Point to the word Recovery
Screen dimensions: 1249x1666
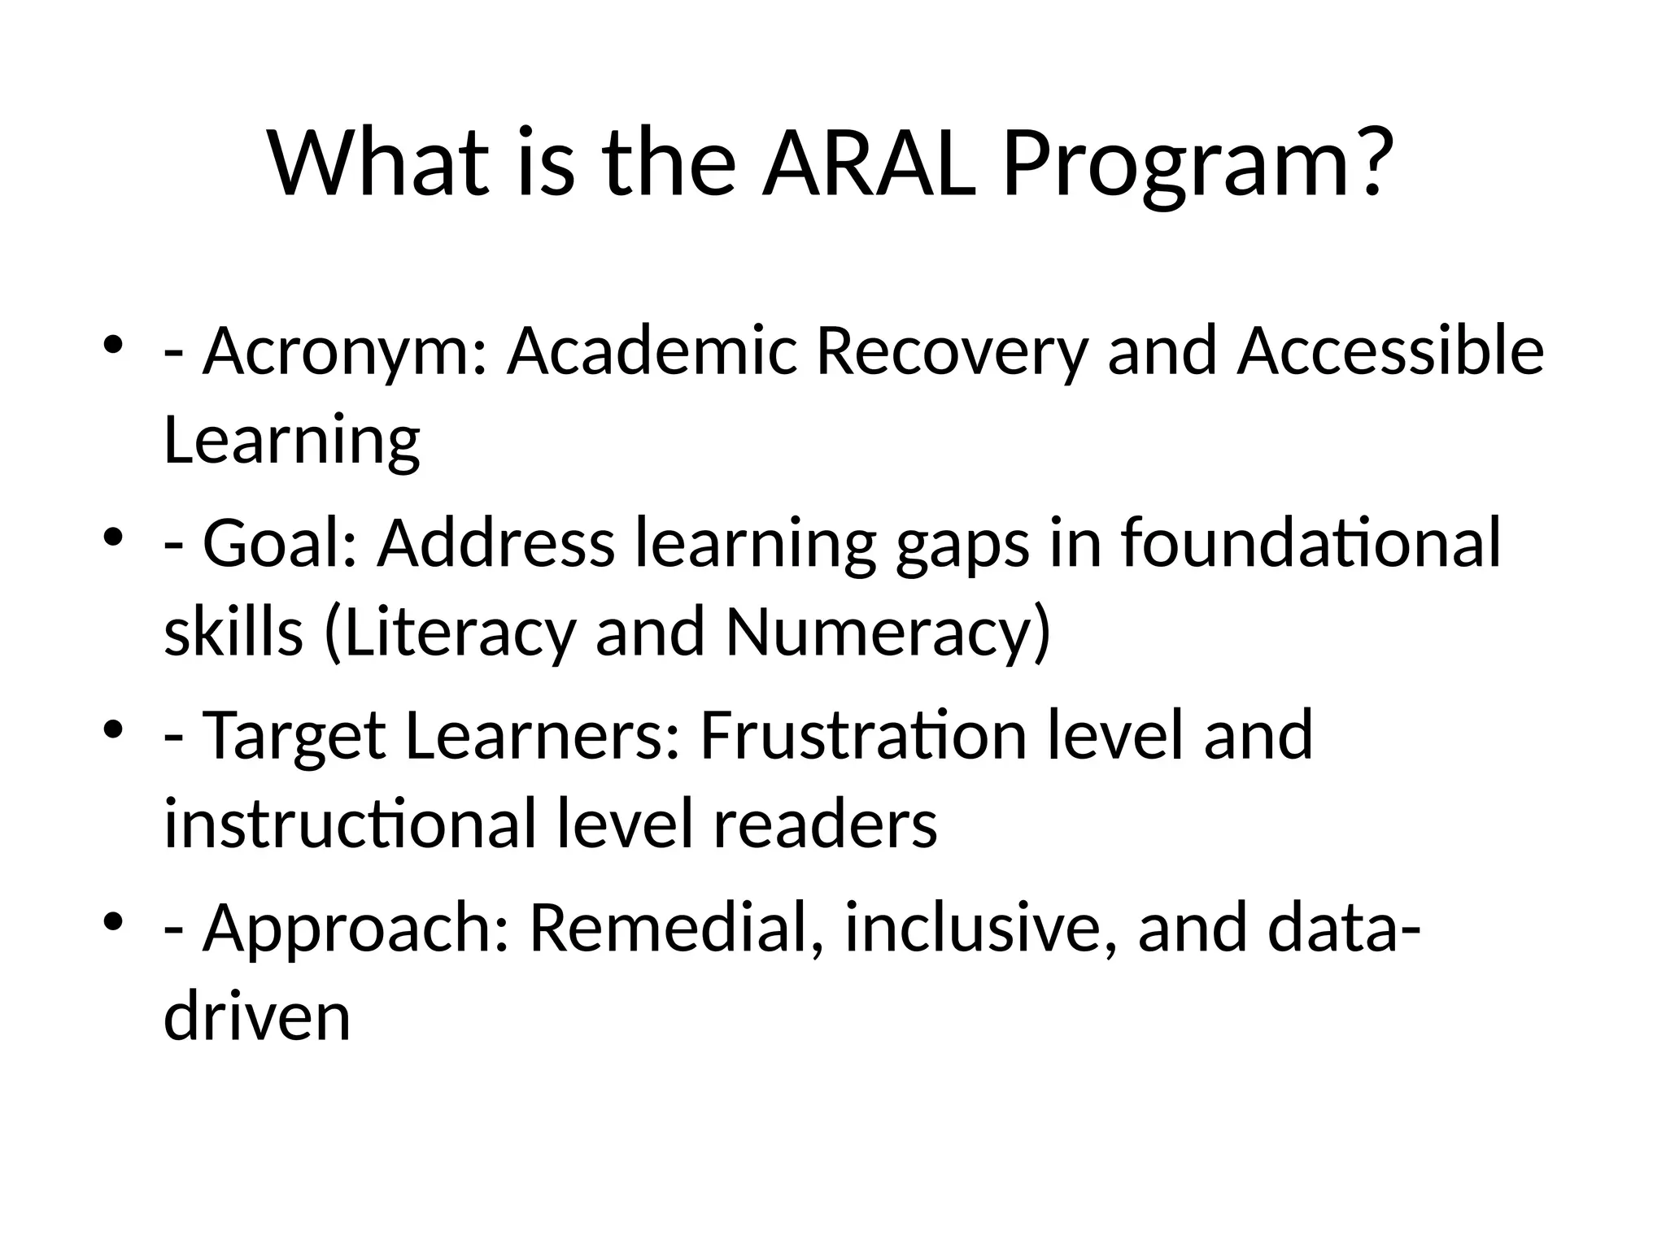(x=951, y=353)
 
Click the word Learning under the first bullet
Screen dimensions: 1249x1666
(x=292, y=442)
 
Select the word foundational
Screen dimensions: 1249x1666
(x=1310, y=543)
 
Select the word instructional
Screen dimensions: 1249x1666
(x=350, y=824)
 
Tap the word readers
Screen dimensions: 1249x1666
(x=825, y=824)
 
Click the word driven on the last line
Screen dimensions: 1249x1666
(x=257, y=1016)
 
